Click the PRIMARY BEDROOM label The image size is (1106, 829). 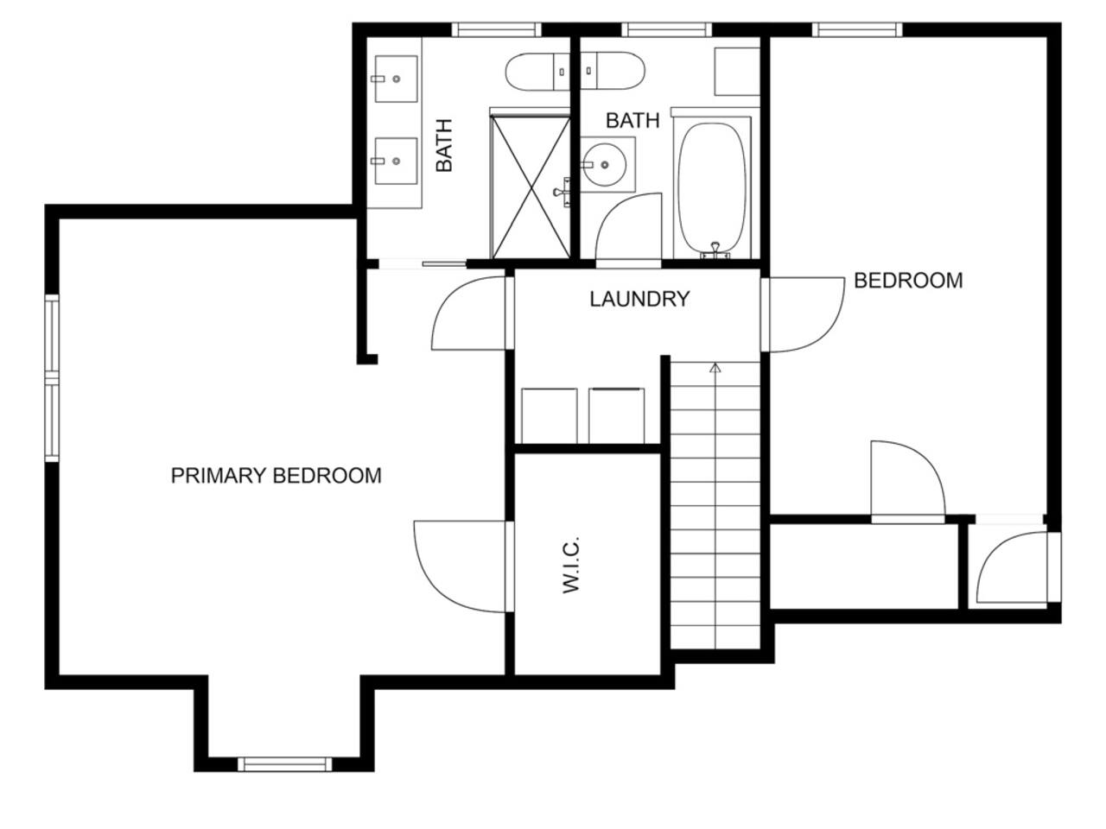pos(276,476)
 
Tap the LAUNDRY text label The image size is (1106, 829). pos(639,299)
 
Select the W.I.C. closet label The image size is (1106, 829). pos(571,565)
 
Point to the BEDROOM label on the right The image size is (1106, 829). pos(908,281)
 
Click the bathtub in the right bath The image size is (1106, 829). pos(712,187)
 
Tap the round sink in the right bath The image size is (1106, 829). pos(605,164)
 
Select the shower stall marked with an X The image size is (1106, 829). pos(531,187)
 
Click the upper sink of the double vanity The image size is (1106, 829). pos(396,79)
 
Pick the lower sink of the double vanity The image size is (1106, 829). pos(396,161)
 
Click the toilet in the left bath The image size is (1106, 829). pos(537,72)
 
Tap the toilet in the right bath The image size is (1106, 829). pos(613,71)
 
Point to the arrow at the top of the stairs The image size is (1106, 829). pos(715,368)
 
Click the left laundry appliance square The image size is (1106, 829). pos(550,415)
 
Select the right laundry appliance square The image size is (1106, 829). pos(617,415)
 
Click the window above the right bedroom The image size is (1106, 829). pos(857,29)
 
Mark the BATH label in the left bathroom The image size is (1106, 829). pos(443,145)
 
